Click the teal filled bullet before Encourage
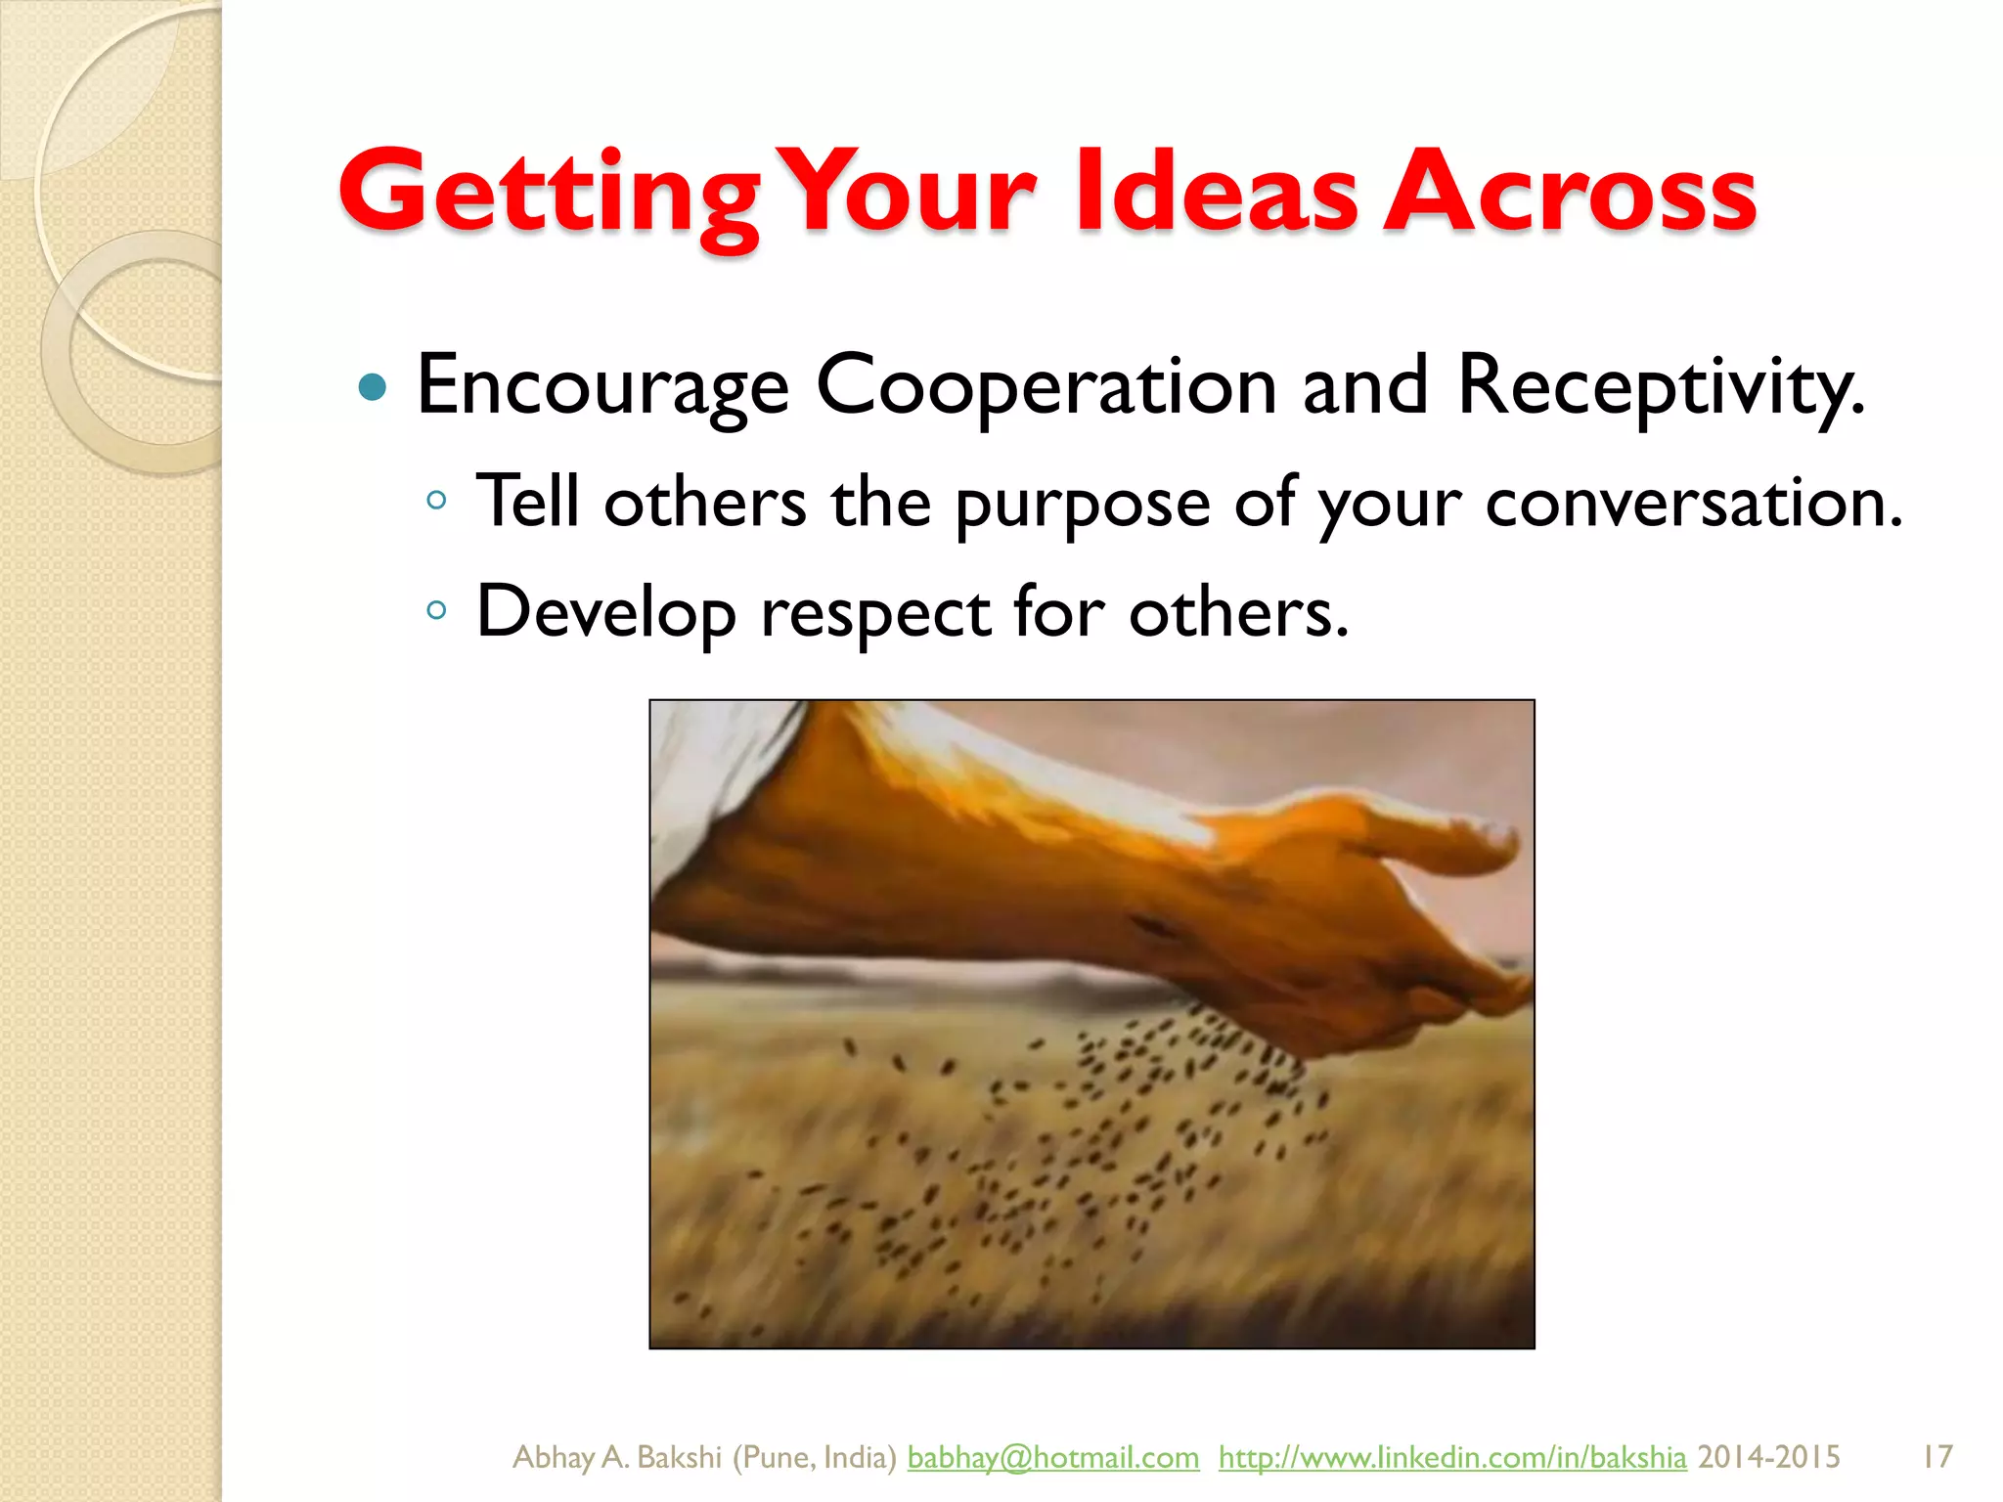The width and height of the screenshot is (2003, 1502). pyautogui.click(x=373, y=388)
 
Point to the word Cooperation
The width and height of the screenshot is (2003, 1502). pyautogui.click(x=1046, y=386)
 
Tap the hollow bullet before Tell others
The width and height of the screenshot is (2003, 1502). pyautogui.click(x=436, y=502)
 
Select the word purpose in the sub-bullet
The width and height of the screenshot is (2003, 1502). pyautogui.click(x=1083, y=505)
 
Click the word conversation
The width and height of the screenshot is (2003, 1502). pyautogui.click(x=1693, y=503)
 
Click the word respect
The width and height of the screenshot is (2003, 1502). pyautogui.click(x=875, y=614)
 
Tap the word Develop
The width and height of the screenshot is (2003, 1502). pyautogui.click(x=605, y=614)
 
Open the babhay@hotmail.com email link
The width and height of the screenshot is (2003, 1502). pyautogui.click(x=1052, y=1457)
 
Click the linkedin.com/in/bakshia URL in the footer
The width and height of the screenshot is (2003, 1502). pyautogui.click(x=1452, y=1457)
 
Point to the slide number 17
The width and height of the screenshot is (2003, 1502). pyautogui.click(x=1936, y=1457)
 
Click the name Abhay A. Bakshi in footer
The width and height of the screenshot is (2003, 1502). pyautogui.click(x=617, y=1457)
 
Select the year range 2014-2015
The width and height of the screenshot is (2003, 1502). pyautogui.click(x=1768, y=1457)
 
